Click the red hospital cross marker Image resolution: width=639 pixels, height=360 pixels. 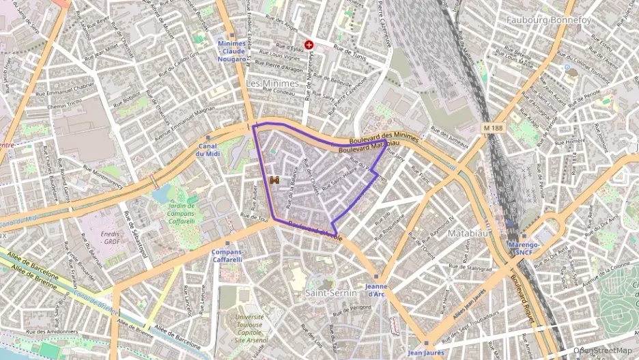click(x=309, y=44)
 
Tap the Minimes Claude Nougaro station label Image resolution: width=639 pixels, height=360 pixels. click(x=231, y=51)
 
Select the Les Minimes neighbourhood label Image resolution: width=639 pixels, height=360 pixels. click(x=272, y=83)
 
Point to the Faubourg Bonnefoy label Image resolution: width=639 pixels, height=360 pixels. click(x=548, y=20)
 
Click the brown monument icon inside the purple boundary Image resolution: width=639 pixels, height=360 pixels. click(x=274, y=180)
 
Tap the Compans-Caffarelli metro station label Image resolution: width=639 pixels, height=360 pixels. click(x=227, y=255)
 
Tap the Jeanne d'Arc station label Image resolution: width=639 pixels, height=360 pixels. click(x=376, y=290)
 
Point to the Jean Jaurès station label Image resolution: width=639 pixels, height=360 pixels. click(x=426, y=352)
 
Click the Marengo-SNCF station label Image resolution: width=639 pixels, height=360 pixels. click(x=524, y=248)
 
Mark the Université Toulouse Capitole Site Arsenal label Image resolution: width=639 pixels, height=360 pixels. click(x=250, y=329)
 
